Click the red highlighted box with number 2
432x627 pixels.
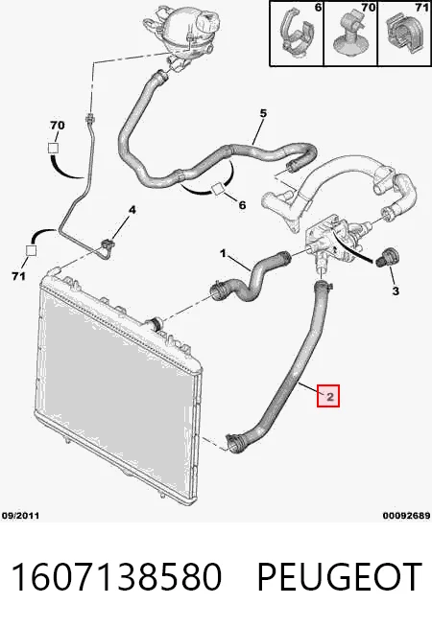328,396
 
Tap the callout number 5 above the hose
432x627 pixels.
263,113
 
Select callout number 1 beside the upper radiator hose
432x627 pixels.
223,253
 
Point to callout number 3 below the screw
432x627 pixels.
396,290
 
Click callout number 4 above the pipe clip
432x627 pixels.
132,210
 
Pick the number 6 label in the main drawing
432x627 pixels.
242,205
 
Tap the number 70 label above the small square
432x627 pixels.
58,126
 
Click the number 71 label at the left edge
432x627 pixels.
18,276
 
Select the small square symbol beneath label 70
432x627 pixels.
53,148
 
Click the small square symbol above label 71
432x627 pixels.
31,251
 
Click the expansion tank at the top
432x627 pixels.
183,33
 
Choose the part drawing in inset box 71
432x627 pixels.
403,34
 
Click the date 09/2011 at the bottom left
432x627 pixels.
21,516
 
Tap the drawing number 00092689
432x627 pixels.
406,516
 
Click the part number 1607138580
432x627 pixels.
116,576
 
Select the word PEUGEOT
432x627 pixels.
340,576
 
